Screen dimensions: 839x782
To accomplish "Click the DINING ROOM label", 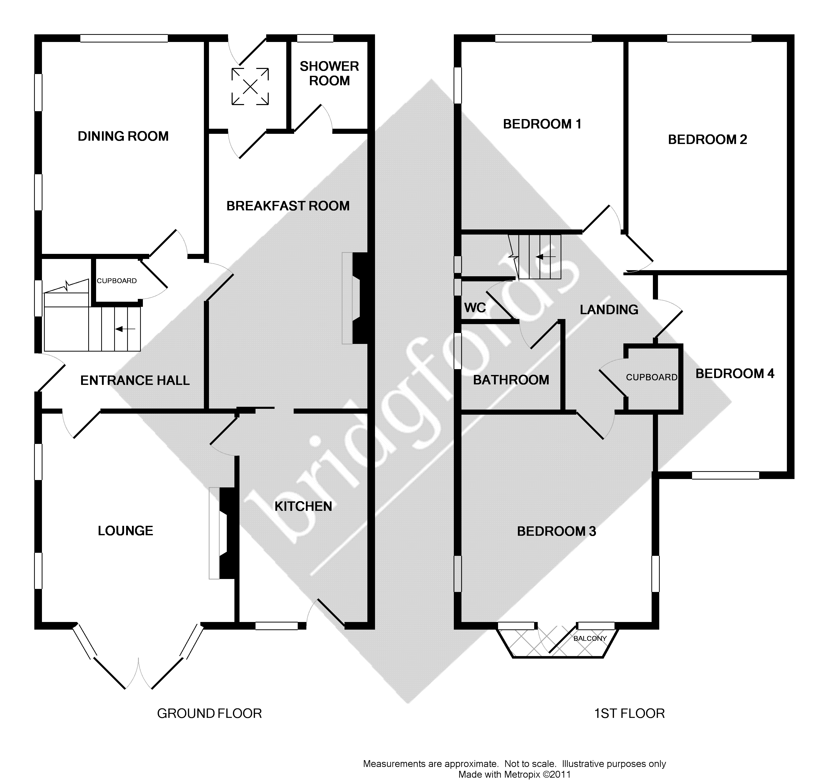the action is coord(123,136).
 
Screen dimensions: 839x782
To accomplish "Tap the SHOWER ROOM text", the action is coord(329,74).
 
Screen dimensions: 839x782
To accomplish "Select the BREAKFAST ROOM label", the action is coord(288,206).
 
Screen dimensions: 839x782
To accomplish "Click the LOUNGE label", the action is coord(125,531).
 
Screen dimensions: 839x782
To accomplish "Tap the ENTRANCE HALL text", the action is coord(135,381).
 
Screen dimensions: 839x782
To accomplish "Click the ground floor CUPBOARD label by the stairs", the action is coord(116,281).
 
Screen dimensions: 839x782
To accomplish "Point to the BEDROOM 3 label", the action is coord(556,531).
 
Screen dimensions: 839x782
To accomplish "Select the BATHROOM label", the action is coord(511,380).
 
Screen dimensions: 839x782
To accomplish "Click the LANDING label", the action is coord(609,310).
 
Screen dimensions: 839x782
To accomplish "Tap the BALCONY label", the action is coord(590,639).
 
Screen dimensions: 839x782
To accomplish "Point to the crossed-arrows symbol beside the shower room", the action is coord(250,86).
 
